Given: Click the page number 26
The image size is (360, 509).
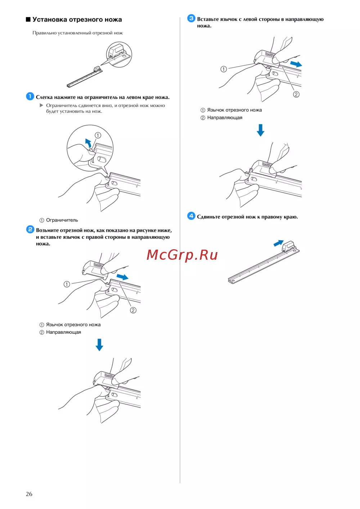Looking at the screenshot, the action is click(x=29, y=494).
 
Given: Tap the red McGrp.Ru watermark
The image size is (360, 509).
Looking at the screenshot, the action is click(x=182, y=255).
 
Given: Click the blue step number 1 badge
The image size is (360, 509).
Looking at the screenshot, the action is click(x=30, y=96).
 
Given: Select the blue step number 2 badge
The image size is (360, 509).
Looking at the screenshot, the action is click(x=30, y=229).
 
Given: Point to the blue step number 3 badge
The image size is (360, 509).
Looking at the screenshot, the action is click(x=191, y=18).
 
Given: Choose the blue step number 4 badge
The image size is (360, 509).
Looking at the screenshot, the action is click(x=191, y=216).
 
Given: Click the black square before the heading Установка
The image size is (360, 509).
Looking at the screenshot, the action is click(x=28, y=19).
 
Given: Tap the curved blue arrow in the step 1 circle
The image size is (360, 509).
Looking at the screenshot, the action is click(x=88, y=143).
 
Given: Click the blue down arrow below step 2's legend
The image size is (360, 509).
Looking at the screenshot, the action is click(x=99, y=345).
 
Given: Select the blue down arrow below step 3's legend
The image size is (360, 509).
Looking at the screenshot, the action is click(x=261, y=130).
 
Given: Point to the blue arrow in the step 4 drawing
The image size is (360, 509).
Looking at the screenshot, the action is click(x=279, y=243).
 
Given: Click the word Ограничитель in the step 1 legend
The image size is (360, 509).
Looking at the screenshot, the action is click(x=62, y=220).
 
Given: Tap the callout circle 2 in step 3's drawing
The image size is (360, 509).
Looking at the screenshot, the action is click(x=296, y=94).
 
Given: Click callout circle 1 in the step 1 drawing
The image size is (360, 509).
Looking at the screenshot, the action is click(x=98, y=135).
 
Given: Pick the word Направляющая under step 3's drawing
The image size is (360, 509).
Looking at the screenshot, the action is click(x=225, y=118).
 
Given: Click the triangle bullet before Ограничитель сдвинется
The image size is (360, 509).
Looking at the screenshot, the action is click(x=41, y=105).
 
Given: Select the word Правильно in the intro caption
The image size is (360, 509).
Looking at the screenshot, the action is click(x=44, y=33).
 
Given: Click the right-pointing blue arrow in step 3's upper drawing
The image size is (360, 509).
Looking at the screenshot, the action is click(x=296, y=64).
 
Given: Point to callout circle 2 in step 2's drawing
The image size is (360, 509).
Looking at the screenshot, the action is click(x=133, y=310).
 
